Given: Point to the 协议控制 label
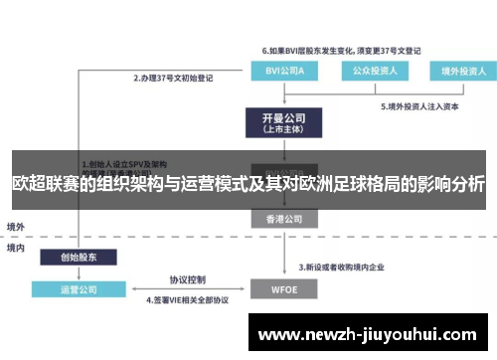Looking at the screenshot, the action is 187,279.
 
